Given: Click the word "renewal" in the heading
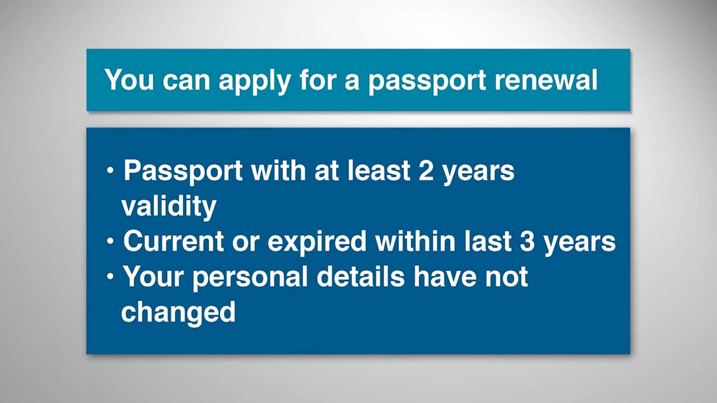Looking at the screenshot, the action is [546, 80].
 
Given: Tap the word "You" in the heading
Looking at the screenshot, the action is [129, 80].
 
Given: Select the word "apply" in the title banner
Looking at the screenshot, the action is [255, 82].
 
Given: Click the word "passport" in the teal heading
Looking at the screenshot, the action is [427, 82].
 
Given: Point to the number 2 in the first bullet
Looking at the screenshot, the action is [426, 171].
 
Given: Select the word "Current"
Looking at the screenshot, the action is [174, 241].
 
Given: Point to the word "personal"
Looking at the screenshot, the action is [250, 278].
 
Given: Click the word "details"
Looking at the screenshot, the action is [361, 276].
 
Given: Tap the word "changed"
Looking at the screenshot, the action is [178, 313].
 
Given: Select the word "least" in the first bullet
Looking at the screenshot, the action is [379, 170].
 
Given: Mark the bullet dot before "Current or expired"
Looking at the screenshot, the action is [110, 241].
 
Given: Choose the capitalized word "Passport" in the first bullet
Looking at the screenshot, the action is [183, 172].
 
